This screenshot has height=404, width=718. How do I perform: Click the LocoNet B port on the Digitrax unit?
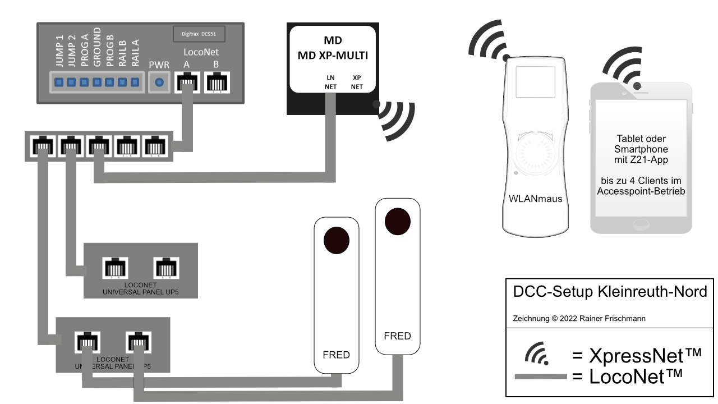(215, 83)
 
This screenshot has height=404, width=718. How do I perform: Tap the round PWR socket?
(159, 82)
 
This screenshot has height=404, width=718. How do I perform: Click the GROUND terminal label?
(97, 47)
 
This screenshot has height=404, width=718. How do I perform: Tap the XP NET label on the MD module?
(357, 82)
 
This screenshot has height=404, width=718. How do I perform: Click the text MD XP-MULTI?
(333, 56)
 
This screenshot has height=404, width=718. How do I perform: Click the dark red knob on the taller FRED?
(397, 221)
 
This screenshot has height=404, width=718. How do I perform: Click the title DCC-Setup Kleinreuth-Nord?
(610, 292)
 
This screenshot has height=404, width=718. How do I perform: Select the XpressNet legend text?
(637, 355)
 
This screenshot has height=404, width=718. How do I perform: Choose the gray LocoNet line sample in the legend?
(540, 377)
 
